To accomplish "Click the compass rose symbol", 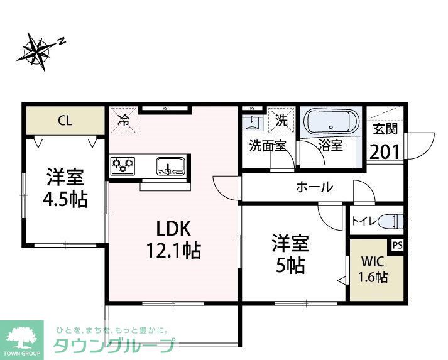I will [39, 50].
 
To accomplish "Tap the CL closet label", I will [65, 120].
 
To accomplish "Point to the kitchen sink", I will [170, 166].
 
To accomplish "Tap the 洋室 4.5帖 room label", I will [65, 188].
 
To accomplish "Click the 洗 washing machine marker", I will [281, 120].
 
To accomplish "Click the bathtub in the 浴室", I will [332, 121].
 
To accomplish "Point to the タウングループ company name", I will [113, 346].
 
